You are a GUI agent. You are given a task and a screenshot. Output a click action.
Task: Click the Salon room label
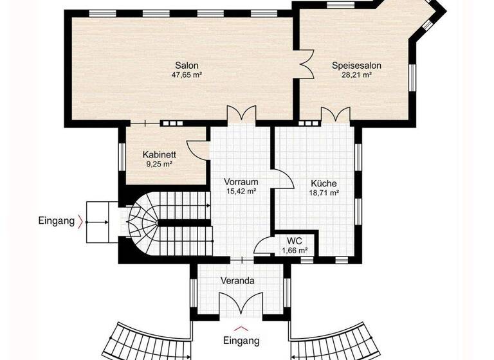tap(187, 65)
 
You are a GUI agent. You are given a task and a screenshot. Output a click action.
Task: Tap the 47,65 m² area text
tap(187, 75)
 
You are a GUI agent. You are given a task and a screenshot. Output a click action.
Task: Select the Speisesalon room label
tap(357, 65)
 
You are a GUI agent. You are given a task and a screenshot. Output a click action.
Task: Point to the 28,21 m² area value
tap(357, 75)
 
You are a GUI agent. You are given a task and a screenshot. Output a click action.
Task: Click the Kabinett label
tap(160, 154)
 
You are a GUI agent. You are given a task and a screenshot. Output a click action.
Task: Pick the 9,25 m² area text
tap(160, 164)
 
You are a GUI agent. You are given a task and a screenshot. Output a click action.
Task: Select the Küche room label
tap(324, 183)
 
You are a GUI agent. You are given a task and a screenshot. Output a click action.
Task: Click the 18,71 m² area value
tap(324, 192)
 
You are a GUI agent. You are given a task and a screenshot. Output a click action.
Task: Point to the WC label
tap(295, 240)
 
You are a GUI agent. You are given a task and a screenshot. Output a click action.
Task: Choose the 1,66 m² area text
tap(295, 249)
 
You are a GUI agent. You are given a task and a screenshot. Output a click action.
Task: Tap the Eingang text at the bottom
tap(241, 340)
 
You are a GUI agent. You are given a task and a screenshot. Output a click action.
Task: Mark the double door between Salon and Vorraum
tap(241, 114)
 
